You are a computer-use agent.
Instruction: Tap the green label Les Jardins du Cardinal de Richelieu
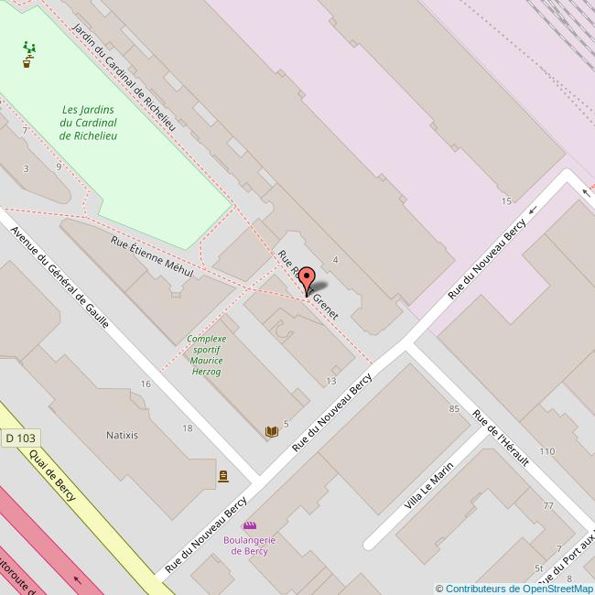coord(89,123)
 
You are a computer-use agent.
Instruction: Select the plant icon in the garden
coord(28,55)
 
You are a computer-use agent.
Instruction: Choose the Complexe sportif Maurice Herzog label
coord(206,355)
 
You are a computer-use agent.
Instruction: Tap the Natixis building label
coord(122,435)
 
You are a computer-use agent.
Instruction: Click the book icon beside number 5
coord(271,432)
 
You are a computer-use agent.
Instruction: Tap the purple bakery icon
coord(249,525)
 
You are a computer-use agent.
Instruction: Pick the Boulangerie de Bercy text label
coord(249,546)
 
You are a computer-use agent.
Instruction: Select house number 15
coord(505,200)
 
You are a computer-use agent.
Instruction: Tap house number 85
coord(454,408)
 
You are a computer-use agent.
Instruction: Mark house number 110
coord(546,451)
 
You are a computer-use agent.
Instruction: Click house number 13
coord(330,381)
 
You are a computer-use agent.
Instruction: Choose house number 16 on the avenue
coord(146,384)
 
